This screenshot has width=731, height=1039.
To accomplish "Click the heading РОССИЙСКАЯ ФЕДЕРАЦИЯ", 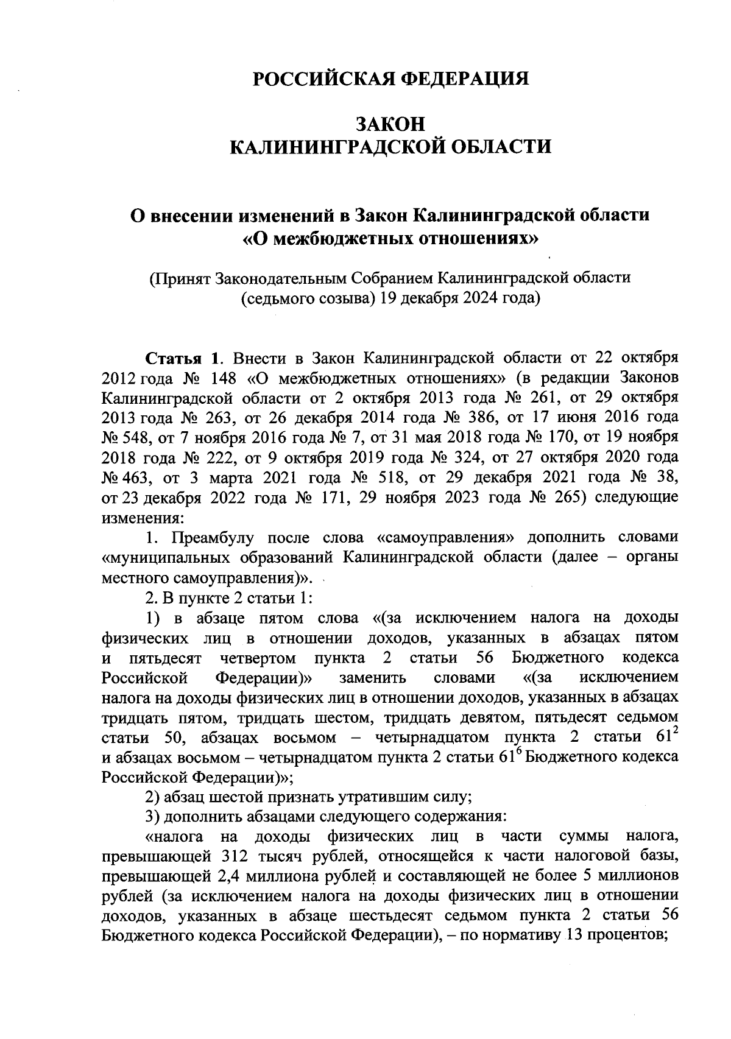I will (390, 79).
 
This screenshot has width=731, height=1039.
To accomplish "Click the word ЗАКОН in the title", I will (390, 124).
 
